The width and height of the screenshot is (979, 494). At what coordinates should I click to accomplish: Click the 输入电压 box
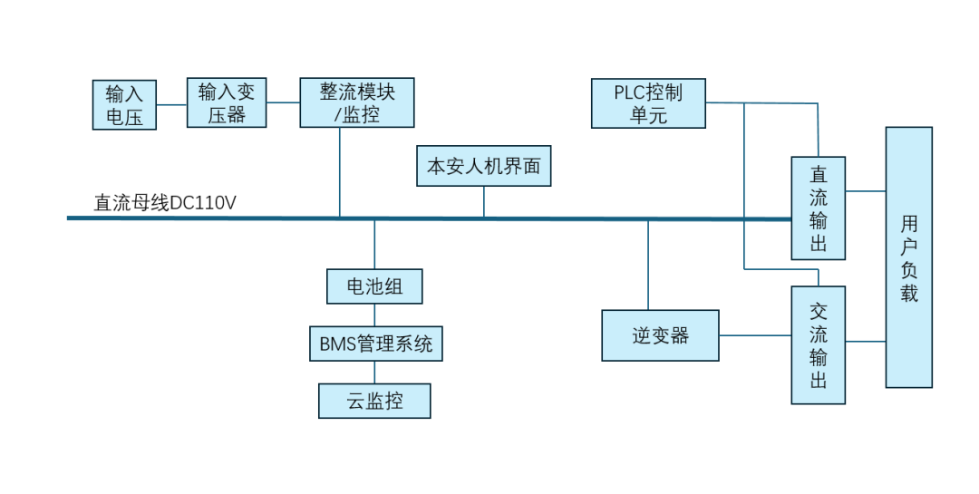coord(124,104)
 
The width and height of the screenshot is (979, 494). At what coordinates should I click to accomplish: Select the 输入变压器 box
coord(227,102)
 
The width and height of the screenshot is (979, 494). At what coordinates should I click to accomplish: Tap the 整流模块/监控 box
coord(357,102)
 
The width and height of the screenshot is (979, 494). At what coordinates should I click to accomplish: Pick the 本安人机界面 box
coord(483,166)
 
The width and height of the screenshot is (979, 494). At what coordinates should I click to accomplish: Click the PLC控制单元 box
coord(648,103)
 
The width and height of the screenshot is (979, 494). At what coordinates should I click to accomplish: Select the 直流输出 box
coord(819,208)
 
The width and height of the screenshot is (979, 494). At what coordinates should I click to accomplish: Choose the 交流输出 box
coord(819,344)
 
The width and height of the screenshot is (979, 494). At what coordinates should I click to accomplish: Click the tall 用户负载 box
coord(909,257)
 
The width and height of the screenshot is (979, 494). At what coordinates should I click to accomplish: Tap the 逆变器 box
coord(661,335)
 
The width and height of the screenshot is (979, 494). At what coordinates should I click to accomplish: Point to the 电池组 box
coord(374,286)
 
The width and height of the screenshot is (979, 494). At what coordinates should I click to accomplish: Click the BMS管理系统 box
coord(376,344)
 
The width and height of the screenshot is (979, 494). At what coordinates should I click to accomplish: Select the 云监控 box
coord(374,401)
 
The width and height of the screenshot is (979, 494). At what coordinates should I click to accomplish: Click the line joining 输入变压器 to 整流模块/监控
coord(284,102)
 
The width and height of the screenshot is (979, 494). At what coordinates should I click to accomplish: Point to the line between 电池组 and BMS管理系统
coord(374,315)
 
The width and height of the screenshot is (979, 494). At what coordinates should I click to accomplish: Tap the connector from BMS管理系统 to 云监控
coord(374,372)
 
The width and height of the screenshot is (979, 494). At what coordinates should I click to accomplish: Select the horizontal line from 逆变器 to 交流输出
coord(755,336)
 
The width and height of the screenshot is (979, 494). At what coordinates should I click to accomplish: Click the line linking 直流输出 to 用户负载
coord(866,191)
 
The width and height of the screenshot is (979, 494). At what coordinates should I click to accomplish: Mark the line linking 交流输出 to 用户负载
coord(866,342)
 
